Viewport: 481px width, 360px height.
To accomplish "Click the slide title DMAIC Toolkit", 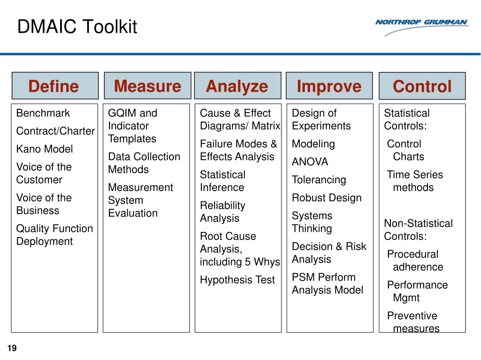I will pyautogui.click(x=77, y=27).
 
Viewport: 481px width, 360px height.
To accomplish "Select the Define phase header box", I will pyautogui.click(x=54, y=86).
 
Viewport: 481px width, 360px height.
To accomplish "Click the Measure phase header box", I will pyautogui.click(x=147, y=86).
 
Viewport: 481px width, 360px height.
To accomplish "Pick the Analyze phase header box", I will pyautogui.click(x=237, y=86).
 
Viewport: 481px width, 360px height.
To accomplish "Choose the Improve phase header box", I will pyautogui.click(x=329, y=86).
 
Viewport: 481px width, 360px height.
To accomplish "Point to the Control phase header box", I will pyautogui.click(x=422, y=86).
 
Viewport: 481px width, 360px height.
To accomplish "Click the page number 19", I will pyautogui.click(x=12, y=348).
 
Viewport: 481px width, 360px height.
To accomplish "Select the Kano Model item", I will pyautogui.click(x=45, y=149).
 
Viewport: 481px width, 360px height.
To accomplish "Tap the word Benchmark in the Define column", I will pyautogui.click(x=43, y=113).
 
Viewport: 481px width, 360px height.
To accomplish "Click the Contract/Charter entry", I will pyautogui.click(x=55, y=131).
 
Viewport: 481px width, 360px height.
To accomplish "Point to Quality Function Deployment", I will pyautogui.click(x=54, y=235).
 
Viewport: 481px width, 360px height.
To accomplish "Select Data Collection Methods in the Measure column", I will pyautogui.click(x=144, y=163).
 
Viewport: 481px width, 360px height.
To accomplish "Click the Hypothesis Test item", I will pyautogui.click(x=237, y=280).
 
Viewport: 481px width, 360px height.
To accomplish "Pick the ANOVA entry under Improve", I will pyautogui.click(x=310, y=162).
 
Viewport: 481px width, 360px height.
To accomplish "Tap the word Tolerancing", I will pyautogui.click(x=318, y=180).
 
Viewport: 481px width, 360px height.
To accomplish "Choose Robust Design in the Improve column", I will pyautogui.click(x=326, y=198).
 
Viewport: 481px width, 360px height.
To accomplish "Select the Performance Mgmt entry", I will pyautogui.click(x=417, y=291).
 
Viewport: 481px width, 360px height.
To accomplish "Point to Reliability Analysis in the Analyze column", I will pyautogui.click(x=223, y=212).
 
